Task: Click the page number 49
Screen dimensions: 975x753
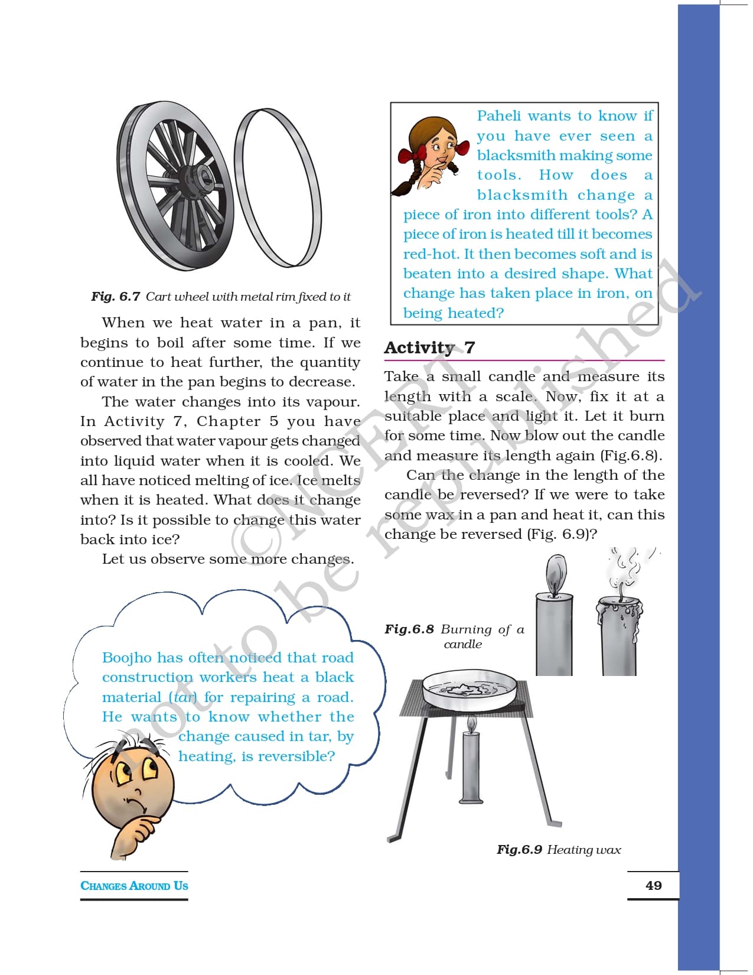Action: [653, 885]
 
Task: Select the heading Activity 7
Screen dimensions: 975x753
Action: [429, 347]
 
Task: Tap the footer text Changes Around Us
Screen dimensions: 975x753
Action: [134, 886]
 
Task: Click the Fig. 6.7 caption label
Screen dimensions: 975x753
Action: [116, 297]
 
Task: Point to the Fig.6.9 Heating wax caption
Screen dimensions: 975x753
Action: [558, 850]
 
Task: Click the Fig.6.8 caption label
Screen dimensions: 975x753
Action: [409, 629]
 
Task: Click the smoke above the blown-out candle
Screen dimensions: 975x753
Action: [627, 567]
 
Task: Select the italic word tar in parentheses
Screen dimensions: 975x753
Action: [184, 697]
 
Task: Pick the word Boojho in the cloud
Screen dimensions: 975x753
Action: [126, 658]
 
